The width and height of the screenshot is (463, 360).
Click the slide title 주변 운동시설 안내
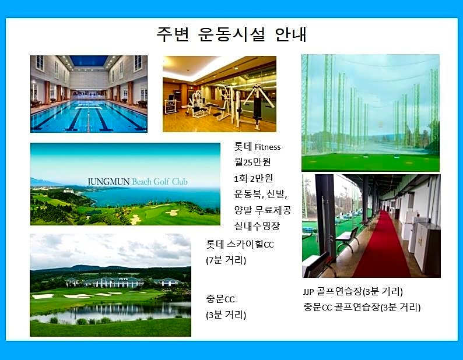point(232,35)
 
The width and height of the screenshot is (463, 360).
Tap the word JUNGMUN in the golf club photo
point(108,182)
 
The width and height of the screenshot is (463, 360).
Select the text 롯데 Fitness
point(257,147)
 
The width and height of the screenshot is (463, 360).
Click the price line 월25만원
point(252,162)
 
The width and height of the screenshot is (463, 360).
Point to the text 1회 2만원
point(253,178)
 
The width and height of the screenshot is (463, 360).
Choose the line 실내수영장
point(257,226)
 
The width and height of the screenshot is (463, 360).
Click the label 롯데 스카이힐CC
point(240,244)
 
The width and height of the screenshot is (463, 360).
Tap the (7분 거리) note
point(226,260)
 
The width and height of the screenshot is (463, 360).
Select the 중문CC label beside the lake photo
point(220,299)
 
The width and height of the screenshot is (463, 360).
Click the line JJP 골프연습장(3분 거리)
point(353,291)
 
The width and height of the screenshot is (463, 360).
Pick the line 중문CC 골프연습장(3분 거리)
point(362,307)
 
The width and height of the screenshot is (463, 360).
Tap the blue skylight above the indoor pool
point(89,61)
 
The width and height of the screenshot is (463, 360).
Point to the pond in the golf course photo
point(112,311)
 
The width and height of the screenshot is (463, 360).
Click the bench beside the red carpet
point(348,239)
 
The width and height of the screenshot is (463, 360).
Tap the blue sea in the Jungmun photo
point(153,197)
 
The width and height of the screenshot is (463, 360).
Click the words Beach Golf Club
point(160,182)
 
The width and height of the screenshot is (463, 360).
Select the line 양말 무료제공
point(262,210)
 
